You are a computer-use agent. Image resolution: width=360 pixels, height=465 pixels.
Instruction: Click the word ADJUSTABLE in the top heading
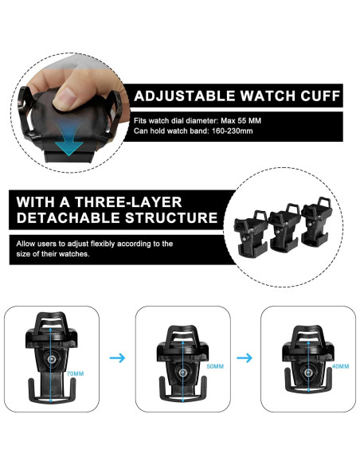pos(177,96)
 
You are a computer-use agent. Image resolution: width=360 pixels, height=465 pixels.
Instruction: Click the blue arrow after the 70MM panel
pos(117,358)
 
